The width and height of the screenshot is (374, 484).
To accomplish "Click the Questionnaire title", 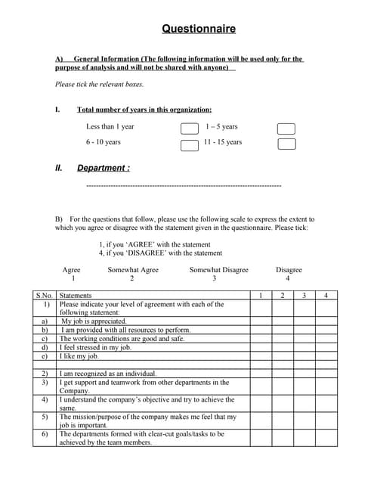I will coord(199,29).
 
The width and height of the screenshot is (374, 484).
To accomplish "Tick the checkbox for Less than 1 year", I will coord(189,129).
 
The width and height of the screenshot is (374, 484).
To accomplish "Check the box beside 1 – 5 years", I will coord(286,129).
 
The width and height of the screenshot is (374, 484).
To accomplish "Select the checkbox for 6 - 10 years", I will coord(189,144).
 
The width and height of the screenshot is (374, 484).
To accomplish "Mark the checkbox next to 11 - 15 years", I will coord(286,144).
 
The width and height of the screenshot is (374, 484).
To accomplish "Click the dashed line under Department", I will coord(184,185).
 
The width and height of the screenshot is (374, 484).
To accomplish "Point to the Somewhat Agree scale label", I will coord(133,270).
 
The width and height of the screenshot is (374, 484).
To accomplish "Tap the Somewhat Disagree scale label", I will coord(218,270).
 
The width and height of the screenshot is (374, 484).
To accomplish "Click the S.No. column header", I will coord(44,296).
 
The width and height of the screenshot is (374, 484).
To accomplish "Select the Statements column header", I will coord(76,296).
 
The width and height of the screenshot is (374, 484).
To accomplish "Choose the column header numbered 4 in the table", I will coord(326,296).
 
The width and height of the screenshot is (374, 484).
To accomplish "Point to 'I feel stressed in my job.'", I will coord(96,348).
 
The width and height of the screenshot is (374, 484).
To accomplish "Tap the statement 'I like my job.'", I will coord(79,356).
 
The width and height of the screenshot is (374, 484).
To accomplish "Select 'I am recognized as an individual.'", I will coord(108,374).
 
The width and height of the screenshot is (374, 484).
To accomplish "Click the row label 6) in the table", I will coord(45,435).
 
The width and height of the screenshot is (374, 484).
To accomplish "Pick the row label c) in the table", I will coord(45,339).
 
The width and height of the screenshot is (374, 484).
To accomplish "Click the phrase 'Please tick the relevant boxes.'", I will coord(99,85).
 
